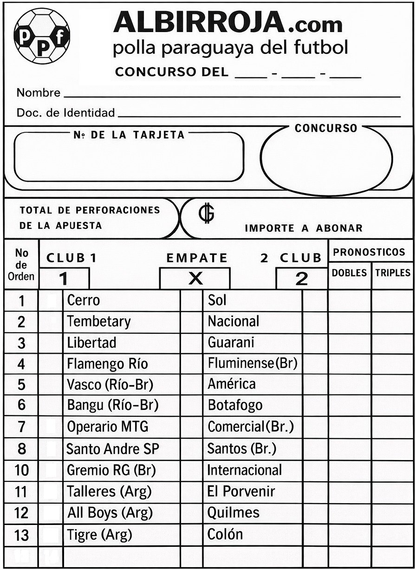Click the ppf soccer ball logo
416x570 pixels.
pyautogui.click(x=42, y=35)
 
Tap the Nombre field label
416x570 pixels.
pyautogui.click(x=39, y=93)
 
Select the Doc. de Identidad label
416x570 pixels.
pyautogui.click(x=65, y=112)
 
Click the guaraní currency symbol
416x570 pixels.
pyautogui.click(x=203, y=214)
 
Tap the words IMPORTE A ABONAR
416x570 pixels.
pyautogui.click(x=303, y=228)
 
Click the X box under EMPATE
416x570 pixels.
pyautogui.click(x=195, y=279)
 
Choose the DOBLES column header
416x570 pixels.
pyautogui.click(x=349, y=272)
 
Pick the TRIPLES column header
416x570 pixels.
pyautogui.click(x=393, y=272)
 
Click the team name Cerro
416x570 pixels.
pyautogui.click(x=84, y=300)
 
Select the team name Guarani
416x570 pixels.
pyautogui.click(x=231, y=343)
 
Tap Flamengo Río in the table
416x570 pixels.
pyautogui.click(x=107, y=363)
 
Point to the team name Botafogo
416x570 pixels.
pyautogui.click(x=235, y=405)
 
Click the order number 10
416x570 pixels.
pyautogui.click(x=21, y=470)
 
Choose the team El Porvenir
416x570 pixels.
pyautogui.click(x=240, y=491)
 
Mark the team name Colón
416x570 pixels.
pyautogui.click(x=225, y=534)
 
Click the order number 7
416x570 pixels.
pyautogui.click(x=21, y=427)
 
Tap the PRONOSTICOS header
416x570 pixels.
pyautogui.click(x=369, y=253)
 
